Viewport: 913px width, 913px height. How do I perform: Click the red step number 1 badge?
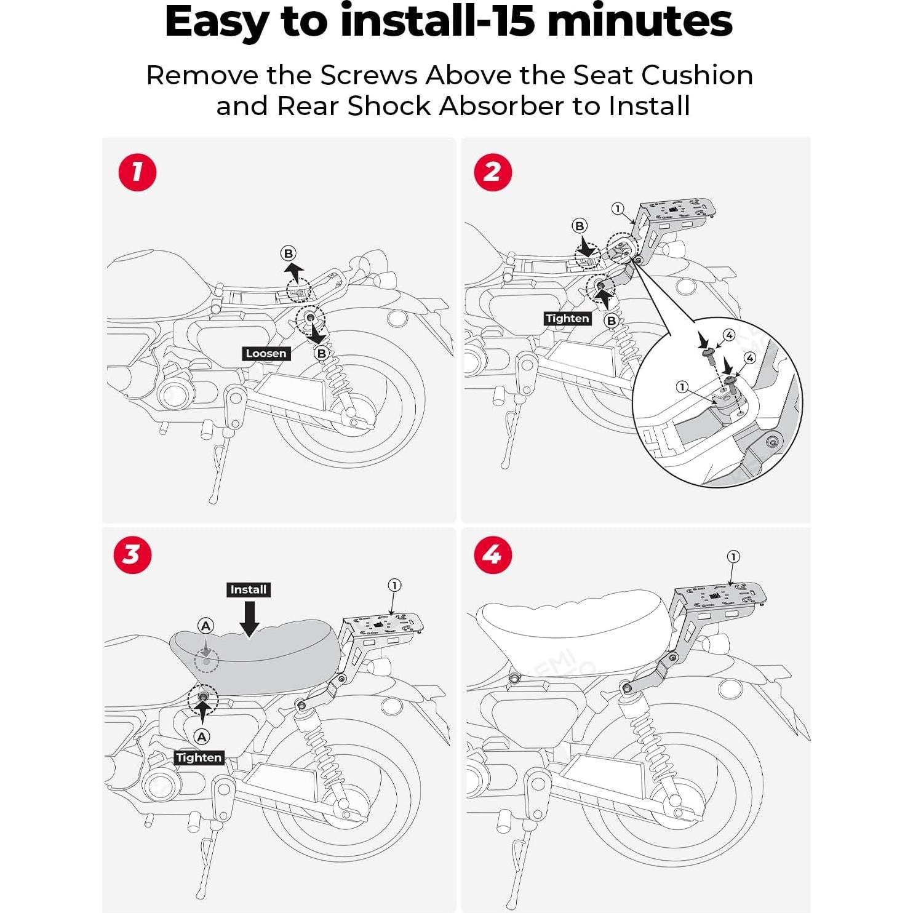coord(137,172)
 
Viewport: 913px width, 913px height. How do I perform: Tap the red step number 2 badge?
coord(493,172)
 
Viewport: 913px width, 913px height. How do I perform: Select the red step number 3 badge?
coord(132,555)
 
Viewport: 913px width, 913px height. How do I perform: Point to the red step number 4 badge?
coord(493,555)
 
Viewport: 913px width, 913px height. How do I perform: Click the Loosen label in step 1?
coord(266,353)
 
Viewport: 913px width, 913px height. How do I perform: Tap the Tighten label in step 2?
coord(567,318)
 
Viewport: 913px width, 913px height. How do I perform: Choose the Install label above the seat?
coord(249,589)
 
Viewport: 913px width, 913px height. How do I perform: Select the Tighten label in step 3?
coord(199,757)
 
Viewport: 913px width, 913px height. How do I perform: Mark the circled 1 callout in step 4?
coord(733,557)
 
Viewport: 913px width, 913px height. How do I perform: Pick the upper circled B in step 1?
coord(288,253)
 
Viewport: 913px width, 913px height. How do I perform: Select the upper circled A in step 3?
coord(205,626)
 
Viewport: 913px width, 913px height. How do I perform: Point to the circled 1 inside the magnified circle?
coord(682,386)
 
